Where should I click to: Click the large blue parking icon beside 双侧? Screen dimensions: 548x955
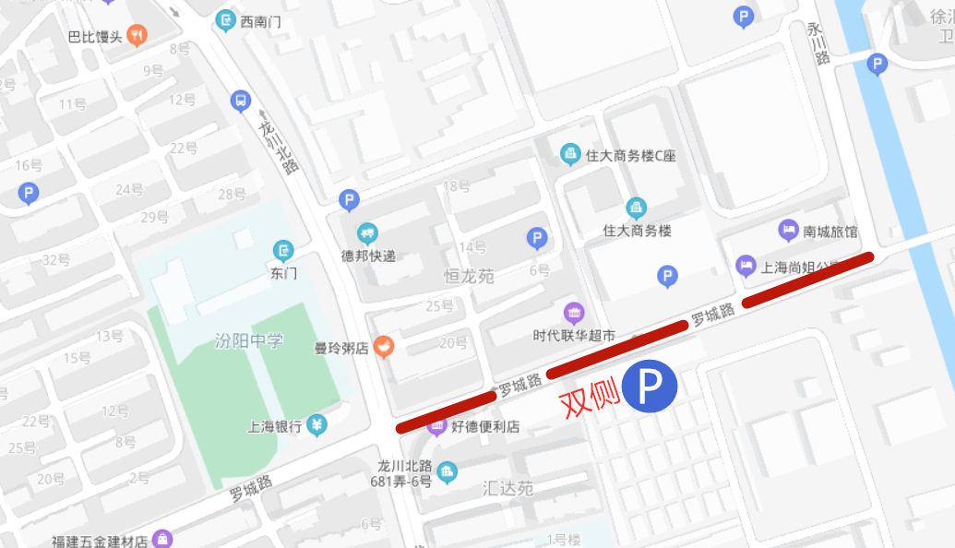point(650,387)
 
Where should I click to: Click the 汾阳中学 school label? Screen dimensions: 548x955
point(248,340)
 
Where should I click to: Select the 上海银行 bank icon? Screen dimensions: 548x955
point(317,425)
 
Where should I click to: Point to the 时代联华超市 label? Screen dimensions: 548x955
point(574,336)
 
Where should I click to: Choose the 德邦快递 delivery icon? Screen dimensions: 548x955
point(368,233)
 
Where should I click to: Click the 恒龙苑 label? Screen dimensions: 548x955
point(469,276)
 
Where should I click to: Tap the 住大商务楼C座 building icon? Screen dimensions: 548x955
point(570,153)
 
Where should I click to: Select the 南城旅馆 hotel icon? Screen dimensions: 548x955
point(788,229)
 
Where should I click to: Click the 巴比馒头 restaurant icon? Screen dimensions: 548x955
point(137,36)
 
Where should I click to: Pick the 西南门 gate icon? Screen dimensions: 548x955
point(225,19)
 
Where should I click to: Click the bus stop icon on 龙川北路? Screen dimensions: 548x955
point(241,101)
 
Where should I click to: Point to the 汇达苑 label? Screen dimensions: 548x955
point(507,488)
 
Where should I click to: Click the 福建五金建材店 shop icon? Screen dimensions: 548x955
point(163,540)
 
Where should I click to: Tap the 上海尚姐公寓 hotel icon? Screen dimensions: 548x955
point(746,267)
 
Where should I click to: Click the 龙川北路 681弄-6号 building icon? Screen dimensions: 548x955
point(447,472)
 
